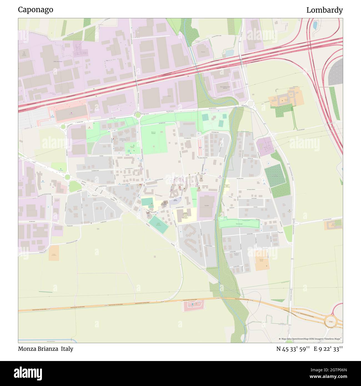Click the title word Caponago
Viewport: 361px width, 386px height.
click(x=36, y=10)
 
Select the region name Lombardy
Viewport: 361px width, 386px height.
click(x=324, y=10)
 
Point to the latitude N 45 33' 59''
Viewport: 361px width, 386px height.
click(x=293, y=349)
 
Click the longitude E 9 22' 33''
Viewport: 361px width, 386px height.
click(x=328, y=349)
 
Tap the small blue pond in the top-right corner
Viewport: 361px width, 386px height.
click(x=315, y=25)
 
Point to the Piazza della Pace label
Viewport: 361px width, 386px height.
click(x=173, y=200)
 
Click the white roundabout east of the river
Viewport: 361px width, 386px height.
click(x=251, y=104)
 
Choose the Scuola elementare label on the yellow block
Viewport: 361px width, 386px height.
click(x=185, y=215)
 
